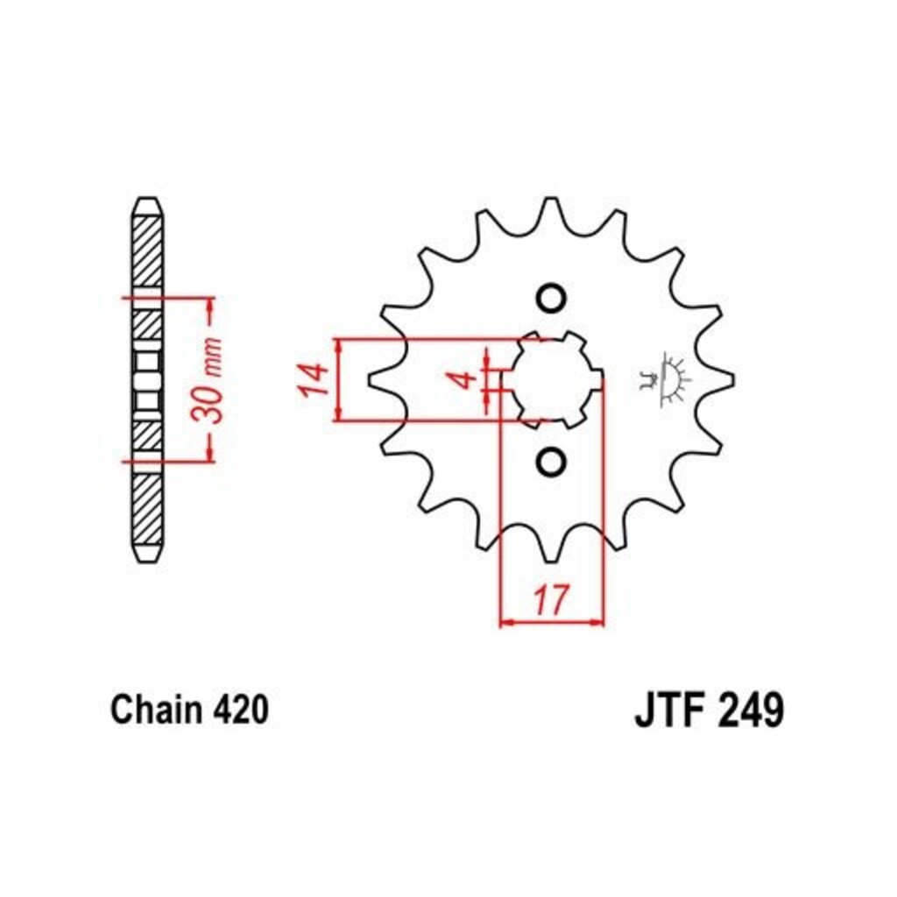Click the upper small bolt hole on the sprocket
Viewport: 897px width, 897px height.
coord(552,298)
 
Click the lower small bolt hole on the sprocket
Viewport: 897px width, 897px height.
coord(552,461)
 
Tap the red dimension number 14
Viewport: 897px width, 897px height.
coord(313,379)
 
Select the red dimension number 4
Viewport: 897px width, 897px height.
coord(468,379)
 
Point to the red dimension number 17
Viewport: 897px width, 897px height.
coord(553,599)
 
